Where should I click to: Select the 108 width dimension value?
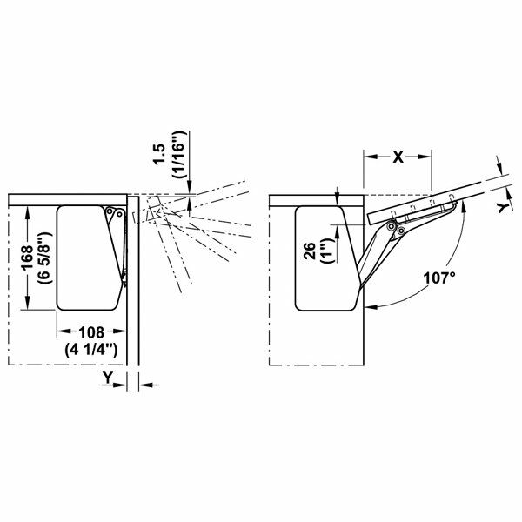pos(91,331)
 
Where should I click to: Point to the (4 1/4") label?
pos(91,348)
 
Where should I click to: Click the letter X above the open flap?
pos(397,157)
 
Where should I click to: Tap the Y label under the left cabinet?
pos(106,377)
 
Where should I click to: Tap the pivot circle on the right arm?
pos(393,228)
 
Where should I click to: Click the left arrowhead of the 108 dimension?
pos(61,331)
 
